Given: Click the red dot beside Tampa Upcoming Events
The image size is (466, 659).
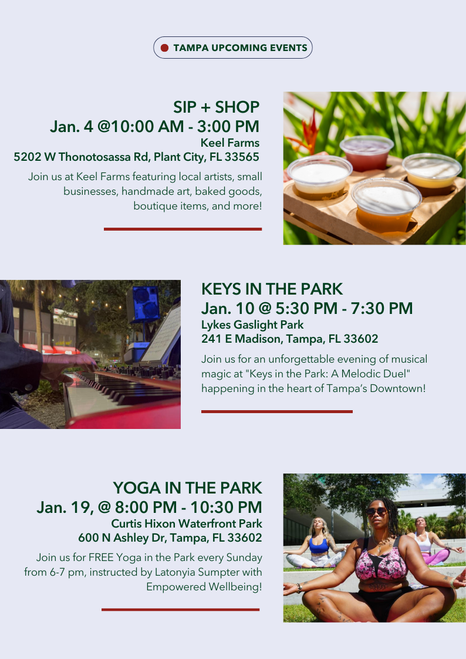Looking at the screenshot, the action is click(165, 48).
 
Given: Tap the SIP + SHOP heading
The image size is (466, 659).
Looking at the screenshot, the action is click(217, 107).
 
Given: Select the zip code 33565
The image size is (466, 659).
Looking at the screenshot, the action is click(242, 157).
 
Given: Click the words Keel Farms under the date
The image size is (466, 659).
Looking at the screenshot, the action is click(230, 143).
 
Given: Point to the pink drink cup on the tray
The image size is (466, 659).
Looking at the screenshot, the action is click(366, 153).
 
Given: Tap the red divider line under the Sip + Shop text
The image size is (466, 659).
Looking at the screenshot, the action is click(183, 229).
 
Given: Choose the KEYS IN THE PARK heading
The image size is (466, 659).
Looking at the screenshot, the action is click(272, 289).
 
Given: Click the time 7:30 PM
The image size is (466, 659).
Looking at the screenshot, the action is click(382, 309).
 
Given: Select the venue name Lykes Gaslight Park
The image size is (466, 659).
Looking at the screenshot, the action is click(252, 325).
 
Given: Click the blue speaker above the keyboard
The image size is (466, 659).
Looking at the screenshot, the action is click(146, 303).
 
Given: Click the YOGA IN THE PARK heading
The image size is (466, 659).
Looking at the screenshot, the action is click(187, 488).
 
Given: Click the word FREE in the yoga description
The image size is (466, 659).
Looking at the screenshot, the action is click(101, 557).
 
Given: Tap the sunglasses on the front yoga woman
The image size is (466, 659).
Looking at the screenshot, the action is click(377, 512).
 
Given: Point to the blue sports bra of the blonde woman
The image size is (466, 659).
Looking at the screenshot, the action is click(319, 546).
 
